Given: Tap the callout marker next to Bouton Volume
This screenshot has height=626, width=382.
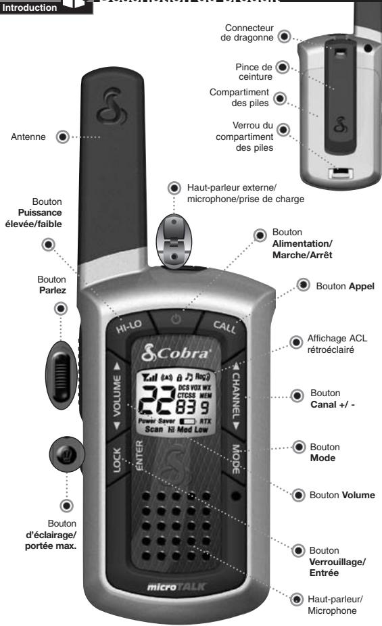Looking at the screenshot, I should [x=297, y=494].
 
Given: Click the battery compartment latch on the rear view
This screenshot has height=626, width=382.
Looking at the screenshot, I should [x=337, y=174].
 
